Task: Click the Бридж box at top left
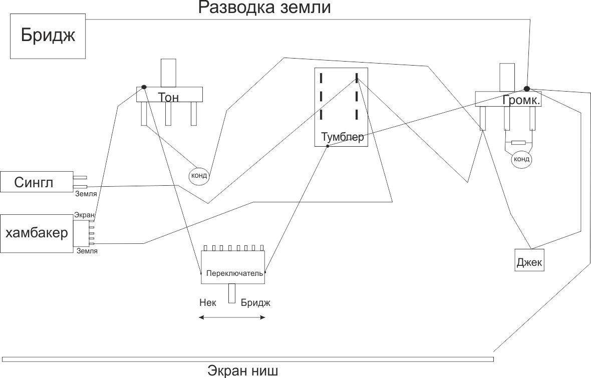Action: point(48,36)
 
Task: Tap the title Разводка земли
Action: point(264,8)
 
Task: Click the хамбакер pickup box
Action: point(37,233)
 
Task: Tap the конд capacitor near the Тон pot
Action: point(199,176)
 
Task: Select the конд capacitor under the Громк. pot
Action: point(521,159)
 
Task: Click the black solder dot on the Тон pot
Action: point(144,87)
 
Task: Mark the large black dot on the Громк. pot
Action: point(527,89)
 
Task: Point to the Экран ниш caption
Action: point(242,371)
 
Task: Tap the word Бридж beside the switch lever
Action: point(255,302)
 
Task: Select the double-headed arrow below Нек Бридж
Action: point(232,317)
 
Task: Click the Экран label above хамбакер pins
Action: point(84,215)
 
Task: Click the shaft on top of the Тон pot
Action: point(168,73)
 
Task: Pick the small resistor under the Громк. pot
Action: point(518,143)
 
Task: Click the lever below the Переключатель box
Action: point(232,293)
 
